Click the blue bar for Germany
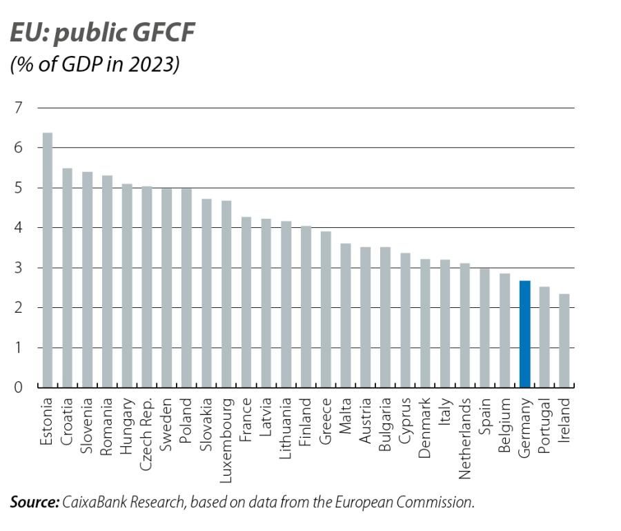pyautogui.click(x=524, y=335)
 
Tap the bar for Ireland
pyautogui.click(x=564, y=341)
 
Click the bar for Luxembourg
pyautogui.click(x=226, y=294)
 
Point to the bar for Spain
pyautogui.click(x=484, y=328)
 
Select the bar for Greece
pyautogui.click(x=326, y=310)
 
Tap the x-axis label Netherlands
pyautogui.click(x=464, y=438)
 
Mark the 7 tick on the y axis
pyautogui.click(x=19, y=108)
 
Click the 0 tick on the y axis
pyautogui.click(x=19, y=388)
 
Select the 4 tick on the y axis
pyautogui.click(x=19, y=228)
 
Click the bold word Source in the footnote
pyautogui.click(x=34, y=502)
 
